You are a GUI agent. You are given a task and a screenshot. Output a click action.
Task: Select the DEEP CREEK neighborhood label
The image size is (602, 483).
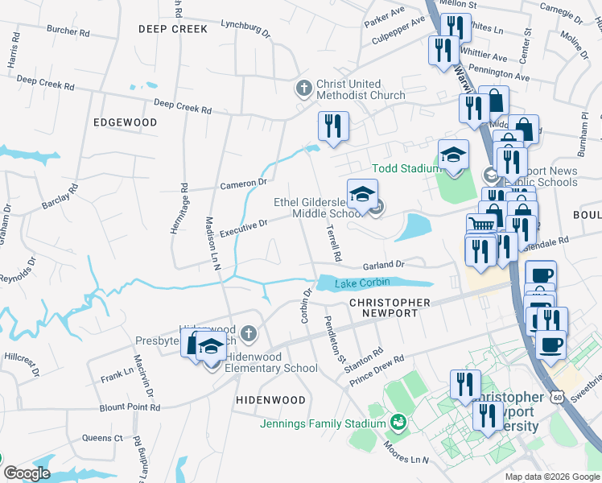(172, 29)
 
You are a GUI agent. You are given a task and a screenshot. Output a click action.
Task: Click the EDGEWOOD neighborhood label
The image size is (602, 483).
(125, 122)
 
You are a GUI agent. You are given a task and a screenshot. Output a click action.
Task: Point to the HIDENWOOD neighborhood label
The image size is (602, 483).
(270, 400)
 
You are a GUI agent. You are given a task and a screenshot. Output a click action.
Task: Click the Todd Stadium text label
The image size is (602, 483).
(405, 168)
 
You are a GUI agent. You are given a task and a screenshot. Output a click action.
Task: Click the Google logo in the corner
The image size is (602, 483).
(27, 473)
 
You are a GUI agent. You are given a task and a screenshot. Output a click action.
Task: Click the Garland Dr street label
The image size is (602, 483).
(381, 265)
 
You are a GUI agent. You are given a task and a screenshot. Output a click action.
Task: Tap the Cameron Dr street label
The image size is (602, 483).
(243, 184)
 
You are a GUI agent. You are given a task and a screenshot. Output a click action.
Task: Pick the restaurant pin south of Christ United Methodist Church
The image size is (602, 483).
(331, 126)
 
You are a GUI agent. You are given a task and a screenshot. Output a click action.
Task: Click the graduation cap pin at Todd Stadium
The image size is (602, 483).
(453, 155)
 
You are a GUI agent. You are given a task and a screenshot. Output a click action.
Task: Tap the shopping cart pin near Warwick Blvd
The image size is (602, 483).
(480, 222)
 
